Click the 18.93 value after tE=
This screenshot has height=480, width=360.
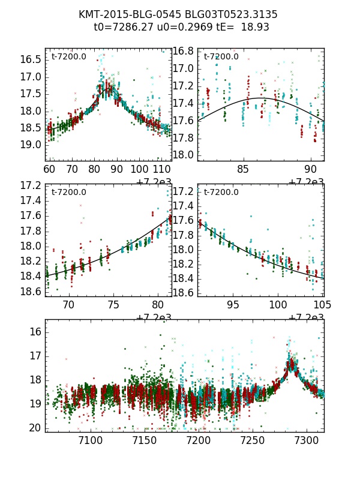click(x=256, y=27)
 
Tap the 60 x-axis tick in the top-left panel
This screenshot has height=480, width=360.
click(x=49, y=170)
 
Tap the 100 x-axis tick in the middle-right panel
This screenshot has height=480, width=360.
click(x=277, y=305)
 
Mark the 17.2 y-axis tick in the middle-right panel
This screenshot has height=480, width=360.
click(x=184, y=192)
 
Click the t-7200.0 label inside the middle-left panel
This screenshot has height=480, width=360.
click(x=68, y=193)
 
